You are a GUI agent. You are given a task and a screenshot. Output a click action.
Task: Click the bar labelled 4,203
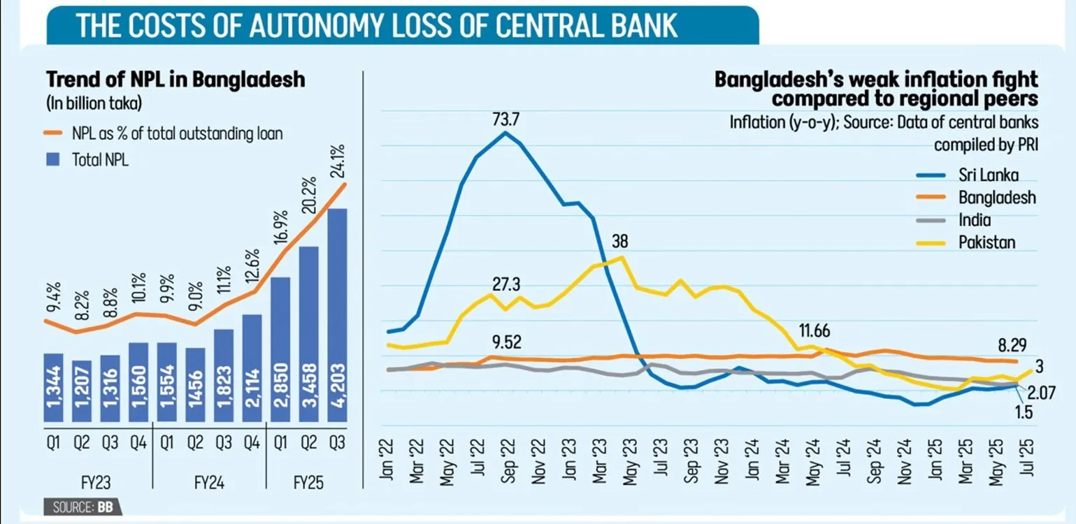click(337, 314)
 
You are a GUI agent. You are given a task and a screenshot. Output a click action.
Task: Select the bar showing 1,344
click(54, 388)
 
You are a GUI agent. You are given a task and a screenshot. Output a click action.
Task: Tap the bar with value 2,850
click(280, 349)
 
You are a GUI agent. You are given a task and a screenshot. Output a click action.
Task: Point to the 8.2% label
click(82, 303)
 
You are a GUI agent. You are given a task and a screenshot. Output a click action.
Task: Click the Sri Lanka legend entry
click(987, 175)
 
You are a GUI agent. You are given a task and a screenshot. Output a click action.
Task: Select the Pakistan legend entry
click(986, 243)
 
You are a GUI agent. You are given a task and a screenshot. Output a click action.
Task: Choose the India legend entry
click(974, 220)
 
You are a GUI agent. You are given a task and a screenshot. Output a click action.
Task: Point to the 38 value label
click(619, 242)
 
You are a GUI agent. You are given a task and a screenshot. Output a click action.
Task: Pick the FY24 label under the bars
click(208, 483)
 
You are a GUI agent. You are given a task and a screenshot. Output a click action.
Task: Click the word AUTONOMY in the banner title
click(311, 25)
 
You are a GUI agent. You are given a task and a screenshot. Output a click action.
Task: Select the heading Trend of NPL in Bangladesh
click(175, 80)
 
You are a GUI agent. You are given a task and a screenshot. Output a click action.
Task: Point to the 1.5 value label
click(1024, 412)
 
